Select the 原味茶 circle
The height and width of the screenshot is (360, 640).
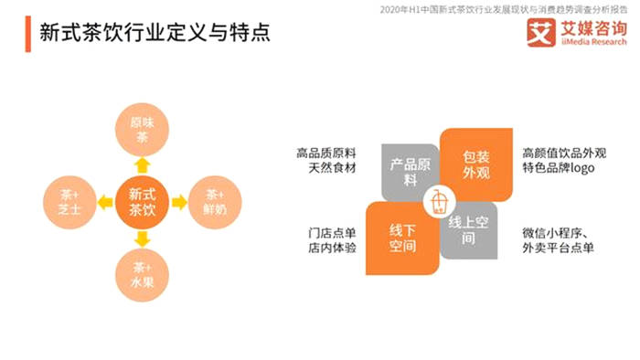[x=142, y=131]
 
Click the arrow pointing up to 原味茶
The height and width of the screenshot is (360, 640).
[x=142, y=165]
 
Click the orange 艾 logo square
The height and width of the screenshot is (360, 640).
[x=540, y=35]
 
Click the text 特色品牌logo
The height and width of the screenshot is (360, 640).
[x=559, y=170]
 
